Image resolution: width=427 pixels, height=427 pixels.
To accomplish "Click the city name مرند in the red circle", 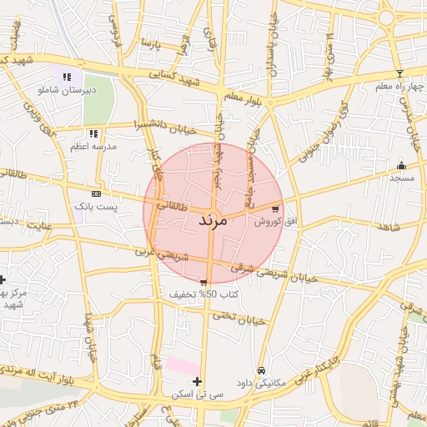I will pos(212,221).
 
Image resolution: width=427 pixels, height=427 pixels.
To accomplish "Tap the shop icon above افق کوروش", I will pos(276,208).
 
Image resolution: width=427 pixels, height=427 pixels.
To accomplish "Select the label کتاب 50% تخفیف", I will pos(204,295).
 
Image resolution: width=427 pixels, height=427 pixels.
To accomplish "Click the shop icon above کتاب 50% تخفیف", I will pos(203,284).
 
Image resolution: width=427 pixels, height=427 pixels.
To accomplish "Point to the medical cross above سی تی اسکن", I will pos(197,381).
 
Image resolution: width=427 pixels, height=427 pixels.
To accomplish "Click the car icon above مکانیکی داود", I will pos(262,370).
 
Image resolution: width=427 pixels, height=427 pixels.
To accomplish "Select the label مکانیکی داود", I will pos(261,383).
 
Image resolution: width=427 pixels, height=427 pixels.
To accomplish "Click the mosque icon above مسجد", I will pos(402,165).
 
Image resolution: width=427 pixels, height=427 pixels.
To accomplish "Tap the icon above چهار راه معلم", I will pos(399,74).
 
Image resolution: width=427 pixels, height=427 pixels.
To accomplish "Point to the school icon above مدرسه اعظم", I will pos(93,133).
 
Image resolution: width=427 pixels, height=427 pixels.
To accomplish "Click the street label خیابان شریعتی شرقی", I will pos(275,274).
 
